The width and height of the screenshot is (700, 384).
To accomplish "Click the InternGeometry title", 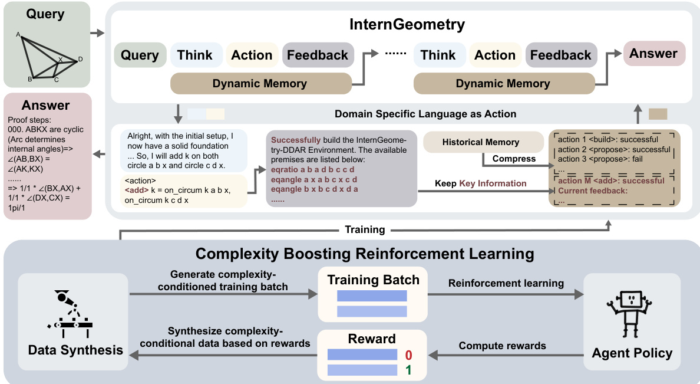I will pyautogui.click(x=407, y=25).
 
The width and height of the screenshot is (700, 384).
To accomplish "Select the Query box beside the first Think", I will pyautogui.click(x=140, y=55).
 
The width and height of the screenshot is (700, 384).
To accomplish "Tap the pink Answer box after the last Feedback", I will pyautogui.click(x=653, y=54).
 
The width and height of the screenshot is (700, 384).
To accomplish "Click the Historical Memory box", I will pyautogui.click(x=481, y=142).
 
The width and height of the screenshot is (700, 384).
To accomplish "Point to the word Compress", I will pyautogui.click(x=513, y=159).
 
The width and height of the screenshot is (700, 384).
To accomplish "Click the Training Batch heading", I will pyautogui.click(x=373, y=280).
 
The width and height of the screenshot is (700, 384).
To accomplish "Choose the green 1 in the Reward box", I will pyautogui.click(x=408, y=370).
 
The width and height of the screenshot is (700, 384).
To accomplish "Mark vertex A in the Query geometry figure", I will pyautogui.click(x=18, y=34).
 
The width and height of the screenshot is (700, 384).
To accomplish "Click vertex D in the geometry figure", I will pyautogui.click(x=80, y=59).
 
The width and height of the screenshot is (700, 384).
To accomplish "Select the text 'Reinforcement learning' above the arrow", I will pyautogui.click(x=506, y=283).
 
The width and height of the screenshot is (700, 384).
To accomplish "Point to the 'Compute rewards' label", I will pyautogui.click(x=503, y=346).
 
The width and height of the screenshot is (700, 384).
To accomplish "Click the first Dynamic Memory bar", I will pyautogui.click(x=260, y=84).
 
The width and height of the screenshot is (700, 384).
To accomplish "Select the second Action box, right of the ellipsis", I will pyautogui.click(x=495, y=55).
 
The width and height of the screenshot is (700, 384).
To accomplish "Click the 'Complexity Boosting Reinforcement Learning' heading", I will pyautogui.click(x=365, y=254).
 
